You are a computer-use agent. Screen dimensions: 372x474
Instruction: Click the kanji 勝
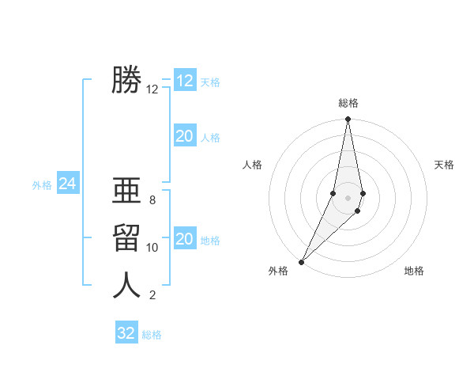click(x=126, y=80)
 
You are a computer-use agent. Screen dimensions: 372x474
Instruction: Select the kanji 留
click(x=126, y=237)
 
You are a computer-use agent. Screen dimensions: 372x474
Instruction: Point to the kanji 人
click(x=126, y=285)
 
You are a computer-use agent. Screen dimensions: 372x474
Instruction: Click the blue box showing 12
click(x=185, y=81)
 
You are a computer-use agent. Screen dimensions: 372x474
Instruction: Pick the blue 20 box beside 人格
click(x=185, y=136)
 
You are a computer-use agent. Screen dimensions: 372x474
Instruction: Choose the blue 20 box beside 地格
click(x=185, y=239)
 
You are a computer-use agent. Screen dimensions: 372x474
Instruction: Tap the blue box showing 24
click(x=67, y=184)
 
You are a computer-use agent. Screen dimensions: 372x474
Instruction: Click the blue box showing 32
click(x=126, y=333)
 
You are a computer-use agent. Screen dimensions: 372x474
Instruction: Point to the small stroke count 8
click(x=152, y=200)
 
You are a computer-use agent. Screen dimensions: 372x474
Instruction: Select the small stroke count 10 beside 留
click(x=152, y=248)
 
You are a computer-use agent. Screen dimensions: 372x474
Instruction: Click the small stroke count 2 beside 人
click(x=152, y=295)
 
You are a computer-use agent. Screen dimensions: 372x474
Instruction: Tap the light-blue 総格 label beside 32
click(x=152, y=335)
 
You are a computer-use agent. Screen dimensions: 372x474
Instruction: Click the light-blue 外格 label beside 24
click(x=42, y=185)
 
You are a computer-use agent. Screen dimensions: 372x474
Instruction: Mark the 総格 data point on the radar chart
click(x=348, y=120)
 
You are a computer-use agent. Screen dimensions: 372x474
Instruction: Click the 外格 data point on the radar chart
click(x=302, y=261)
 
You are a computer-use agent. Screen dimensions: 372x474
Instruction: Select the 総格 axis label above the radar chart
click(x=348, y=103)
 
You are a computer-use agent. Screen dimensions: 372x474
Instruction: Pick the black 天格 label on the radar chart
click(x=444, y=165)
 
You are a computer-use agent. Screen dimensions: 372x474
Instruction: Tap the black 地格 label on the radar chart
click(x=414, y=271)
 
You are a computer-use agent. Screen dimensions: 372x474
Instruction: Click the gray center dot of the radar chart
click(x=348, y=197)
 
